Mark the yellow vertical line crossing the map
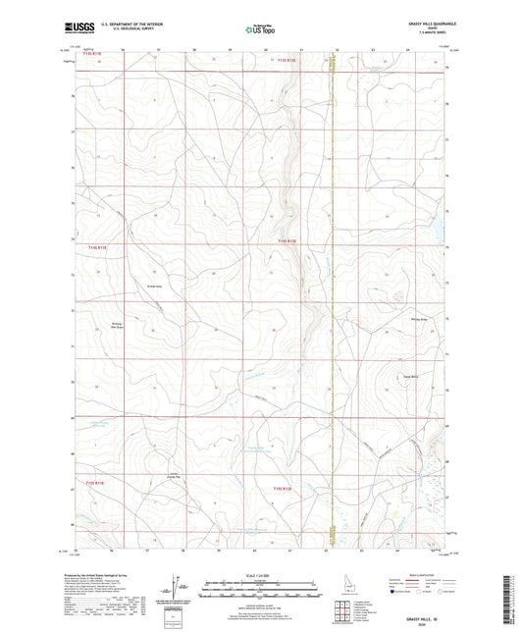(332, 294)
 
